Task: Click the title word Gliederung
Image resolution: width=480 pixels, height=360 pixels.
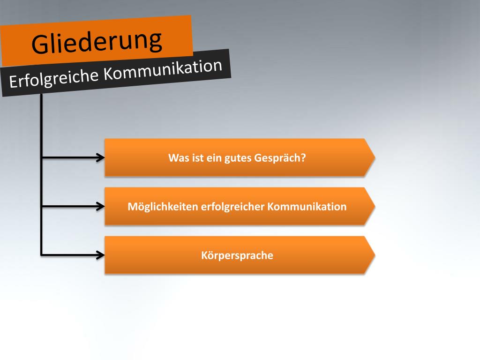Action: point(97,41)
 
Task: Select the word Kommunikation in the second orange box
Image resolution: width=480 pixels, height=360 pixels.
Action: point(307,206)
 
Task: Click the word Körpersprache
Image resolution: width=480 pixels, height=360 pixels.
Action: point(237,255)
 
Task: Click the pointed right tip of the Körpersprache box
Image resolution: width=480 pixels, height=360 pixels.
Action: point(374,255)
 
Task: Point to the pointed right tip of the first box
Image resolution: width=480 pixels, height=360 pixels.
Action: point(374,157)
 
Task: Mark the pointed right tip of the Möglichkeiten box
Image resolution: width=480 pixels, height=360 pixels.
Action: point(374,206)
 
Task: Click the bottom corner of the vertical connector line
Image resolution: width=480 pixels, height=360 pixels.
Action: point(42,255)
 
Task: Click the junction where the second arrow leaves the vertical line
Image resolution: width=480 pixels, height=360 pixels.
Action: point(42,206)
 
